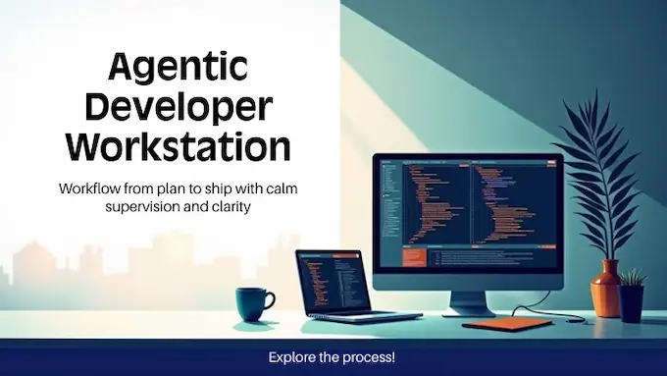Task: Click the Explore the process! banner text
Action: pos(333,357)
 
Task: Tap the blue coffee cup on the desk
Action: pos(253,303)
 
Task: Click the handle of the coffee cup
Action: pos(272,299)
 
